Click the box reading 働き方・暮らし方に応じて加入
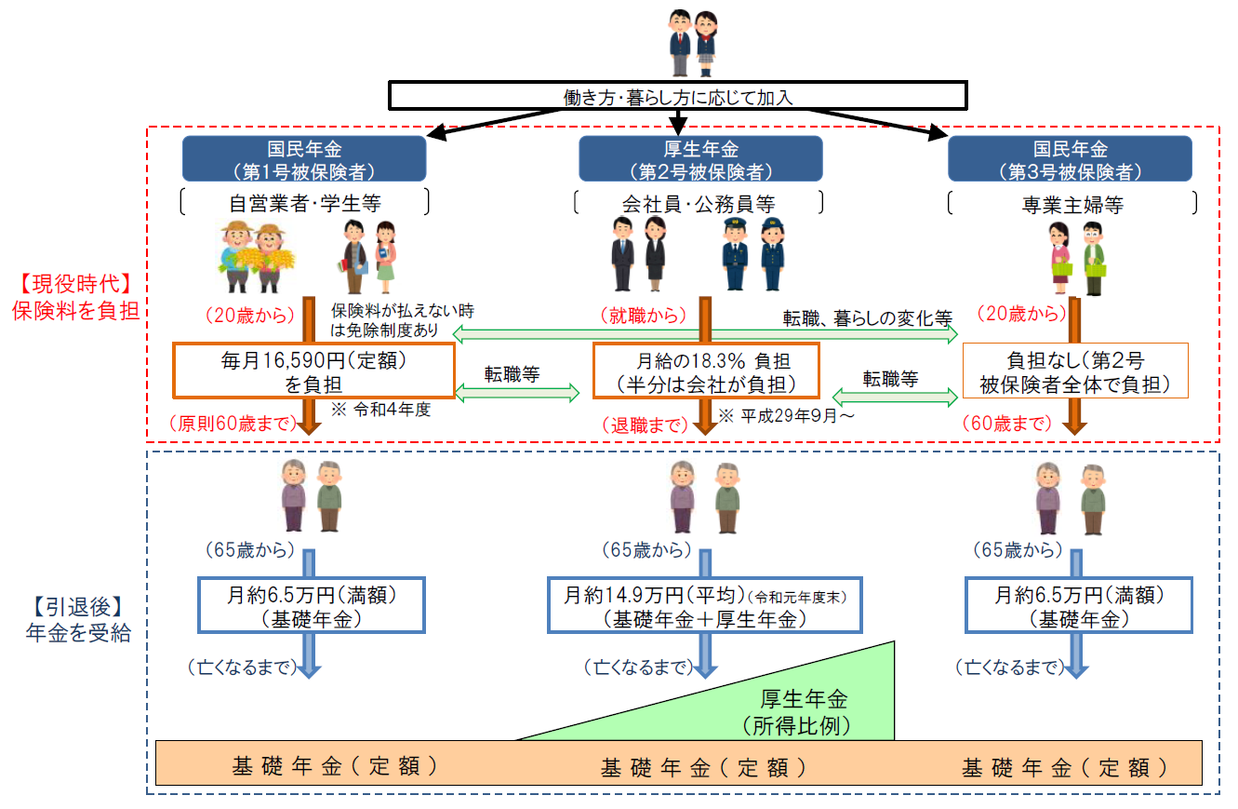click(677, 96)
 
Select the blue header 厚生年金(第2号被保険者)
click(700, 158)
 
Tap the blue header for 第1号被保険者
click(304, 158)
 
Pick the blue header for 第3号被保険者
click(1070, 158)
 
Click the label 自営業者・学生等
click(304, 203)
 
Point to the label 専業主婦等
click(1070, 203)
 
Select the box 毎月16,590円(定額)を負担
click(313, 370)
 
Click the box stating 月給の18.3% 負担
click(706, 370)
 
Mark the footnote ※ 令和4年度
click(381, 411)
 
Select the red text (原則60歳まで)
click(232, 424)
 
